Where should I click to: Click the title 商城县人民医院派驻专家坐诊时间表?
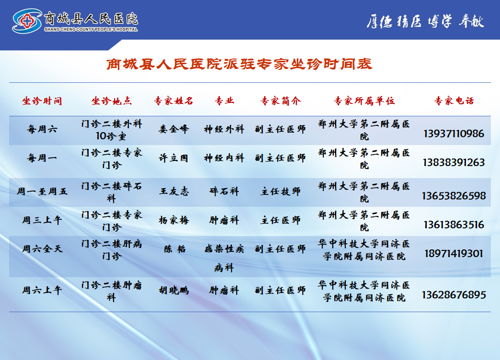(239, 64)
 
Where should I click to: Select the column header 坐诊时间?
(42, 101)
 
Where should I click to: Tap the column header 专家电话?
(454, 101)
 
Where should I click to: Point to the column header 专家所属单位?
(364, 101)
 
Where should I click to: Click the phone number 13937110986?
(454, 134)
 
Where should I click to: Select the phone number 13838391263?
(454, 162)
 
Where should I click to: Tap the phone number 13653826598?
(454, 196)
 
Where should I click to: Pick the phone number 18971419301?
(454, 253)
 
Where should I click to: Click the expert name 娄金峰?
(174, 129)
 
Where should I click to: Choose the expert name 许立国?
(174, 158)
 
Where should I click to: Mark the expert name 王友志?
(174, 191)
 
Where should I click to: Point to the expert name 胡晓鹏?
(174, 290)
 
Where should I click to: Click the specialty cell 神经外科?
(224, 129)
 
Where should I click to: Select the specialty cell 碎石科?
(224, 191)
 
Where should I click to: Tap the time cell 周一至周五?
(42, 191)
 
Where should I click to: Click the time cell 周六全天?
(42, 249)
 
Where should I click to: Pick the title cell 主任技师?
(281, 191)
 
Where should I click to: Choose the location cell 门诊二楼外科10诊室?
(112, 130)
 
